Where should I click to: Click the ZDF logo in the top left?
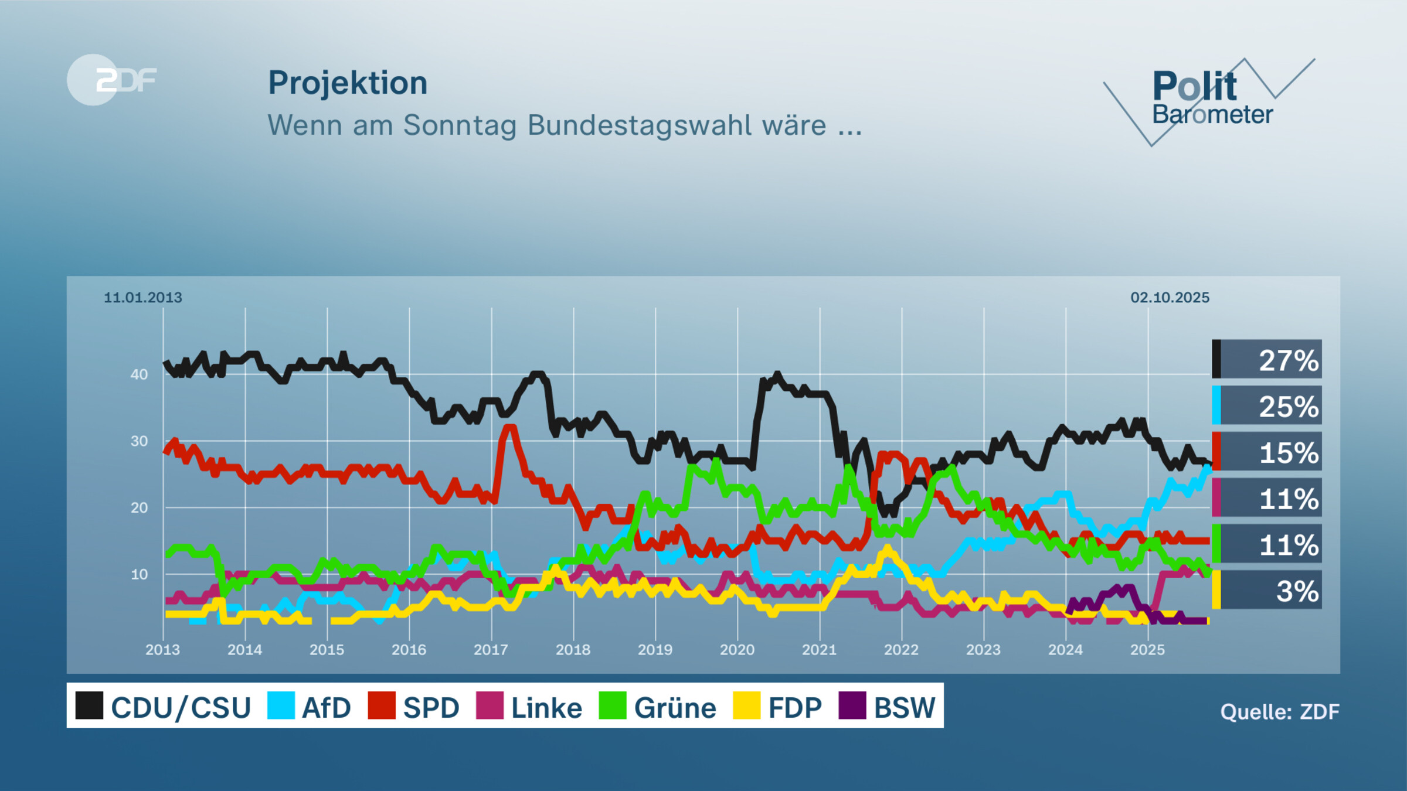(113, 80)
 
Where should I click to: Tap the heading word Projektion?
(348, 83)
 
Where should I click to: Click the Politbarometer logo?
(1210, 100)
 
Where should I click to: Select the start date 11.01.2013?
(142, 298)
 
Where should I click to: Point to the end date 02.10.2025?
(1170, 298)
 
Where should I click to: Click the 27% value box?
(1267, 359)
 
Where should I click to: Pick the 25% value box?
(1267, 405)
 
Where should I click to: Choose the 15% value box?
(1267, 452)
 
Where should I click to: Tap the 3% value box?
(1267, 590)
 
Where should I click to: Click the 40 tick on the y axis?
(139, 374)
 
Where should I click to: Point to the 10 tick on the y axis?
(139, 574)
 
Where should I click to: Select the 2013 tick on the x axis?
(162, 650)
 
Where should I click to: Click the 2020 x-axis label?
(737, 650)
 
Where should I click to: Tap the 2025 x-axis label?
(1147, 650)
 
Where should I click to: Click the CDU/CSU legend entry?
(164, 707)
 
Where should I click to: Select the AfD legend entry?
(310, 707)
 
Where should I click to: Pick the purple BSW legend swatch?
(852, 705)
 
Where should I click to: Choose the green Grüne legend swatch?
(613, 705)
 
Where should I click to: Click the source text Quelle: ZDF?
(1279, 712)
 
